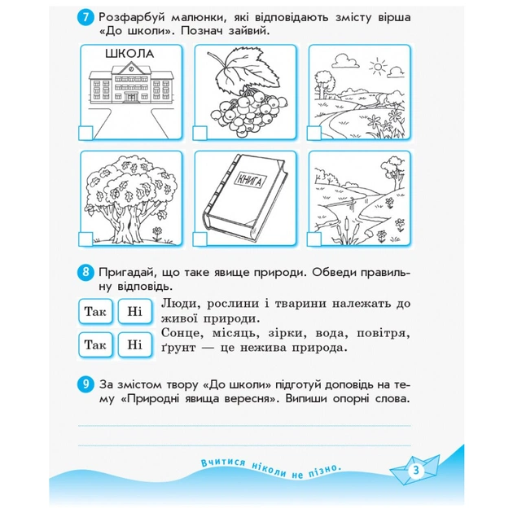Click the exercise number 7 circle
pyautogui.click(x=85, y=17)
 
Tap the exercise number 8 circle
pyautogui.click(x=85, y=271)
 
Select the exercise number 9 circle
pyautogui.click(x=85, y=382)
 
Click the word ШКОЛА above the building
pyautogui.click(x=130, y=55)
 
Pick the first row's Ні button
pyautogui.click(x=134, y=311)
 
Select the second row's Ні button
pyautogui.click(x=134, y=344)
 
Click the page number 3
pyautogui.click(x=414, y=469)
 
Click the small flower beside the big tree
pyautogui.click(x=156, y=232)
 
